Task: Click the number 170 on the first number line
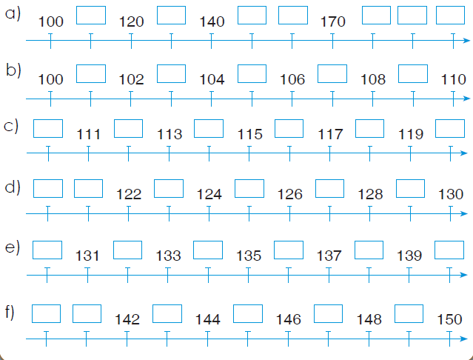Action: (x=332, y=21)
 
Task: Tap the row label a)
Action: (x=13, y=14)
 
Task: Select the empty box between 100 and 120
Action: (x=91, y=15)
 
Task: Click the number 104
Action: (x=212, y=80)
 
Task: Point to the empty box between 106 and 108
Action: (x=332, y=73)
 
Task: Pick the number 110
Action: (x=454, y=80)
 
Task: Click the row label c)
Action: (x=11, y=126)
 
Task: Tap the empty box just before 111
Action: (x=48, y=129)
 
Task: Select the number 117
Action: (x=330, y=134)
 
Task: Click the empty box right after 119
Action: (x=450, y=129)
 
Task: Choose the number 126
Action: (x=289, y=194)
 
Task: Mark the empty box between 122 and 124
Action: (x=169, y=189)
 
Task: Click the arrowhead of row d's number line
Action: (x=464, y=213)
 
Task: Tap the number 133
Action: (x=168, y=256)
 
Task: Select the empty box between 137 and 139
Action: (x=369, y=250)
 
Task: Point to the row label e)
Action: (x=13, y=248)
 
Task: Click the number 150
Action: (x=449, y=319)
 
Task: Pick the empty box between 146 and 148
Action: (x=328, y=314)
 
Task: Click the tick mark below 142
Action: (x=127, y=339)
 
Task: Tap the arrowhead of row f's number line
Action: (x=464, y=339)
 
